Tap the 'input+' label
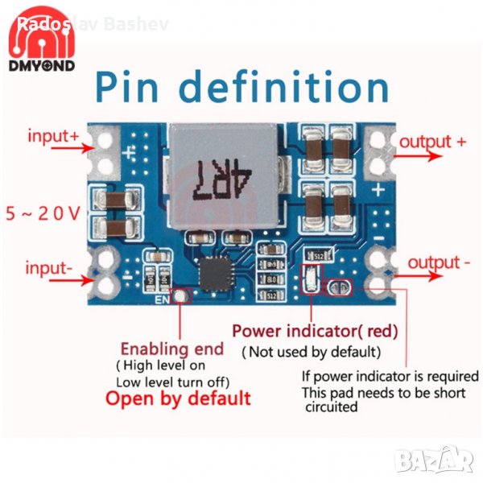[x=53, y=136]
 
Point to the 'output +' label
[x=432, y=142]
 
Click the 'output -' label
[x=439, y=263]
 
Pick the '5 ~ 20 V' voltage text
[x=43, y=214]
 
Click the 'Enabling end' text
[x=171, y=349]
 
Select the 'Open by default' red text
[x=178, y=398]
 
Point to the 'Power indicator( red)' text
[x=314, y=330]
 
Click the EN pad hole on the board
[x=182, y=297]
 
